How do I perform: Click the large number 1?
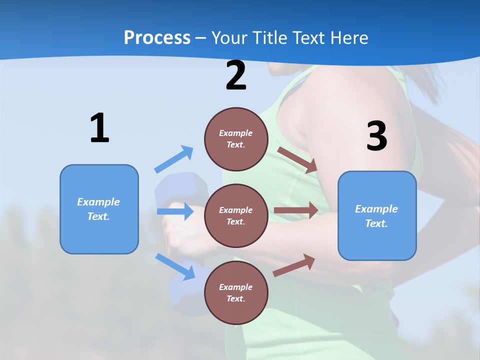(99, 128)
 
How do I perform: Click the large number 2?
(236, 76)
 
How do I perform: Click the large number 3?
(376, 136)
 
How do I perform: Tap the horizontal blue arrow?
(175, 211)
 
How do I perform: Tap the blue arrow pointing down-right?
(175, 266)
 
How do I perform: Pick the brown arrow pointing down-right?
(298, 159)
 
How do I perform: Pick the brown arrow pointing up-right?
(294, 264)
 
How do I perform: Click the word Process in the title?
(157, 37)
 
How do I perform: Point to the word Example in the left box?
(98, 202)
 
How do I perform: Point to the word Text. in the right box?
(376, 223)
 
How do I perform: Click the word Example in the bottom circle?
(235, 287)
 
